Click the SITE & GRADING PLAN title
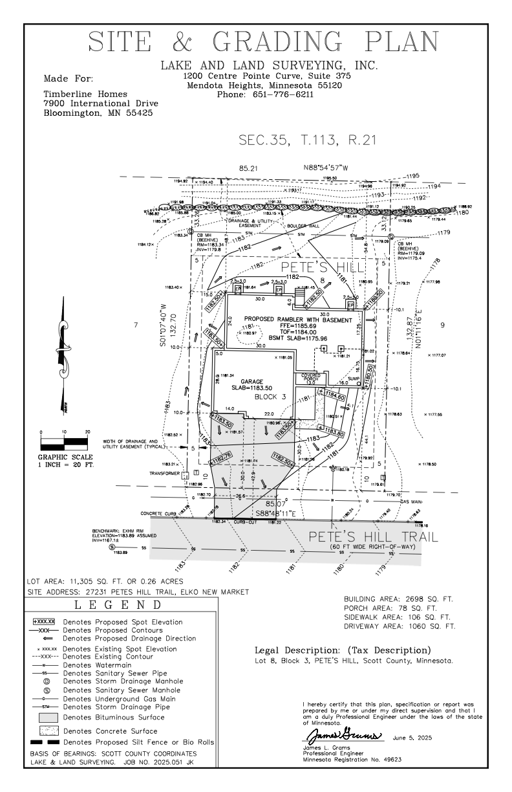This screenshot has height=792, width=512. click(x=263, y=43)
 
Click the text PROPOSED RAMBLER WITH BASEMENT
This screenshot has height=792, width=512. click(x=298, y=320)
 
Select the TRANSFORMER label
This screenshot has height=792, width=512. click(x=163, y=473)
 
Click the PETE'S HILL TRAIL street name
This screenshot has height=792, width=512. click(x=372, y=536)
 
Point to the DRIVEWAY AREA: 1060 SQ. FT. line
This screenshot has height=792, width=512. click(x=401, y=626)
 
